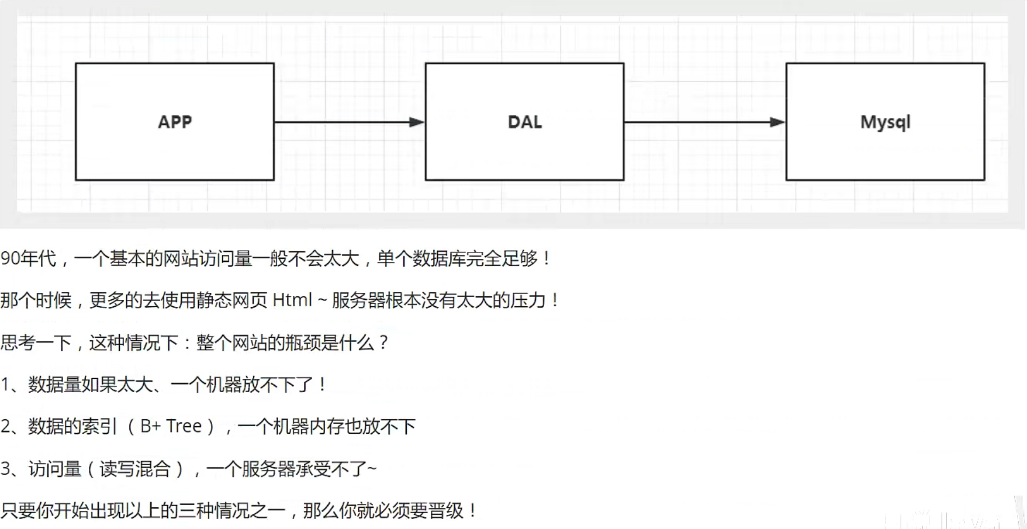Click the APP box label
175,122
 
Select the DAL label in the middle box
524,122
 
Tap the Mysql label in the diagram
885,122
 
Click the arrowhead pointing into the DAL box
417,122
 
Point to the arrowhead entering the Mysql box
777,122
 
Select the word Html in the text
292,300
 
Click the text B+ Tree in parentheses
171,426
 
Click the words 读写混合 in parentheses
135,469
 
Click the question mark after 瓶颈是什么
383,343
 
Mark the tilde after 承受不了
372,469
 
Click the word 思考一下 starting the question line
36,343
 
